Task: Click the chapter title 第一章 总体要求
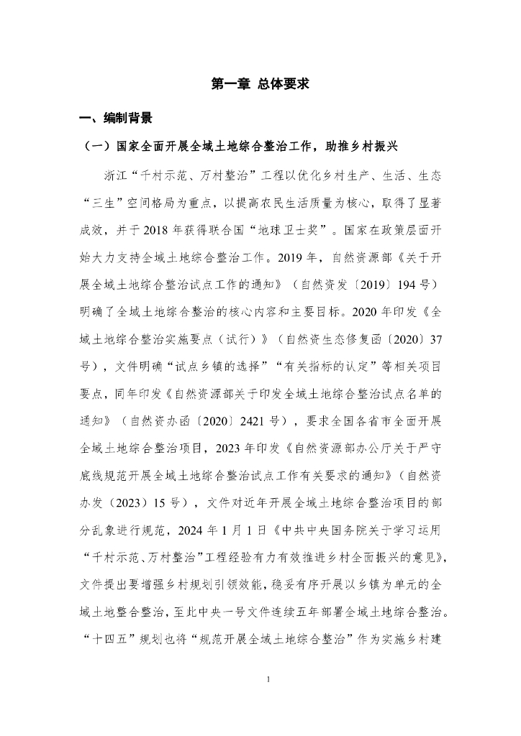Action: [260, 84]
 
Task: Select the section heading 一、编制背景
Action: [116, 118]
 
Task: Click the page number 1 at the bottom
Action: [268, 678]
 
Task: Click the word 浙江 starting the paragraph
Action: [117, 175]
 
